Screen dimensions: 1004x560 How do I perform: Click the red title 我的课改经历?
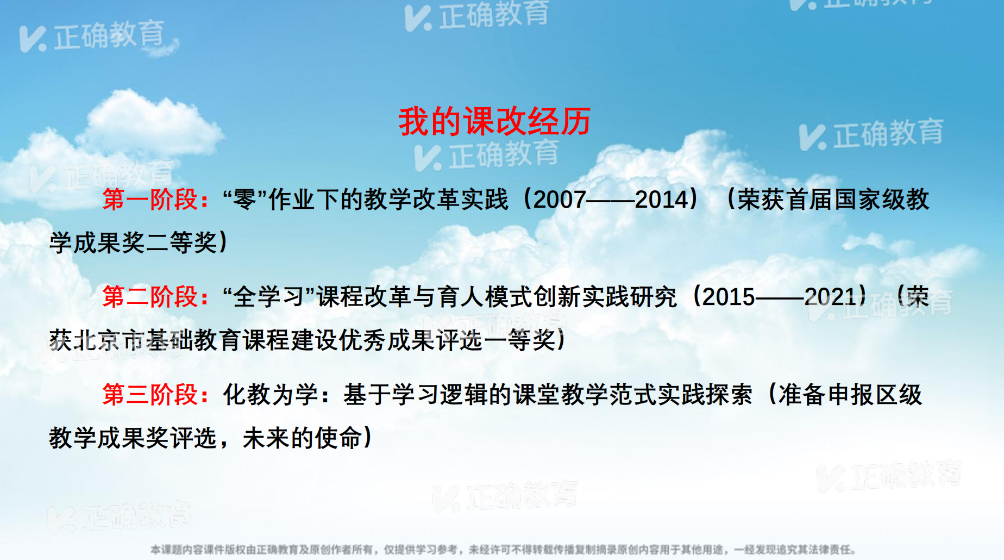click(494, 121)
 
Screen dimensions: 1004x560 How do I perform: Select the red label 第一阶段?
click(149, 200)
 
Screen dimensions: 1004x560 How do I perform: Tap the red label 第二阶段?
click(149, 297)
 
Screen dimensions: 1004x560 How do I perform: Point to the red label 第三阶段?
click(149, 395)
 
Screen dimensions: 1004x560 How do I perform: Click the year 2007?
click(560, 200)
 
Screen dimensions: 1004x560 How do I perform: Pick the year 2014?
click(661, 200)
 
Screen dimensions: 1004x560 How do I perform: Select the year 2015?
click(729, 297)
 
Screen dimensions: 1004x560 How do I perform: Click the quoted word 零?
click(244, 200)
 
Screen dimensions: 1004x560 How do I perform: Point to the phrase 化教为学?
click(271, 395)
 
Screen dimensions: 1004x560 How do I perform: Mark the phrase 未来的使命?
click(302, 438)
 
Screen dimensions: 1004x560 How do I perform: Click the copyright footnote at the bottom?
click(503, 550)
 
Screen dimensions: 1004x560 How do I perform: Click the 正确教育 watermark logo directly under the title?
click(487, 155)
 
